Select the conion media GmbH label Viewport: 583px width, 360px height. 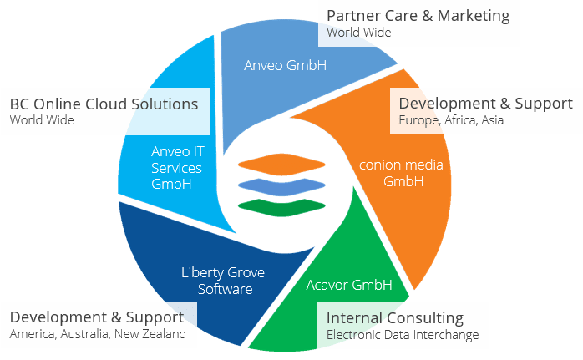(x=401, y=172)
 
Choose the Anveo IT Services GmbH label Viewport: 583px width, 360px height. (x=176, y=167)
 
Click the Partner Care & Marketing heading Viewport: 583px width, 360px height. (x=418, y=16)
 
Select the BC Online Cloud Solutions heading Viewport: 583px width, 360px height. (x=104, y=104)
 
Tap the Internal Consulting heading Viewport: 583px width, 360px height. (x=395, y=318)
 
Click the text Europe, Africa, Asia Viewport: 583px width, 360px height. (x=451, y=120)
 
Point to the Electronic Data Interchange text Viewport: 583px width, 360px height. (x=403, y=335)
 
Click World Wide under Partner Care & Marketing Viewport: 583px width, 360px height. (x=358, y=33)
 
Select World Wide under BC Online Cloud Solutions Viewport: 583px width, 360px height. (x=42, y=120)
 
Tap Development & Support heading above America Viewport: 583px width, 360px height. (x=96, y=317)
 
